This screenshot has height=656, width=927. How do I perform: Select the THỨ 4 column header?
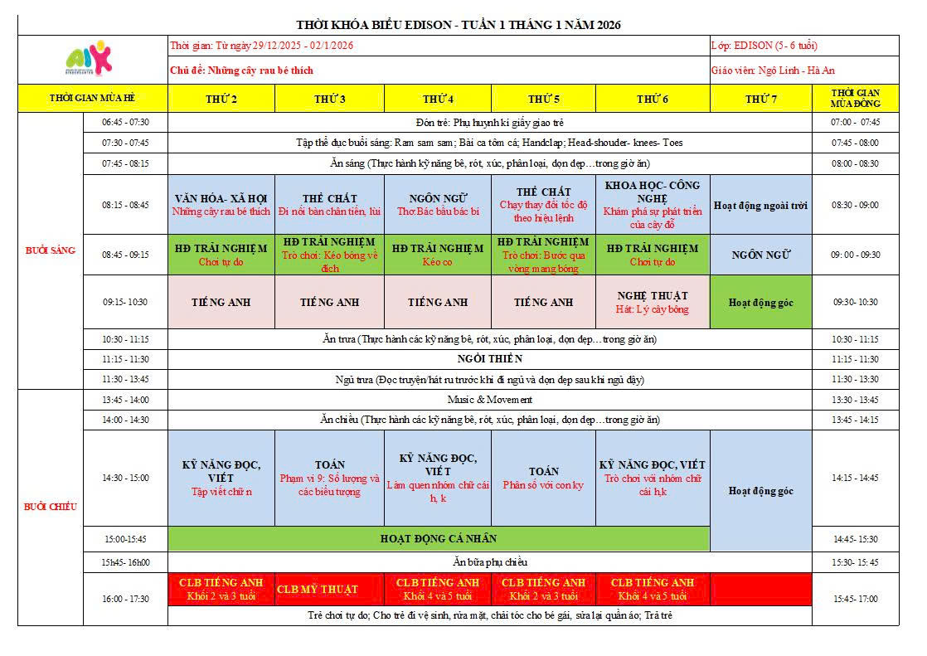pos(437,99)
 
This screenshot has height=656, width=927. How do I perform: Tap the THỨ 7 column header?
pos(760,99)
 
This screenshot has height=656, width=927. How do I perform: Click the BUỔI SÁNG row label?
pos(51,250)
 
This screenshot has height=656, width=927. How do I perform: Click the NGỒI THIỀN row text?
pos(490,359)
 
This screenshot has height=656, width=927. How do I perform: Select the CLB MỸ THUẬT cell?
pos(329,590)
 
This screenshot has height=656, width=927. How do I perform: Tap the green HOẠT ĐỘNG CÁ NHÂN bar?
pos(439,538)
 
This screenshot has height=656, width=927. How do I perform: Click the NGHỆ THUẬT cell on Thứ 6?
pos(653,302)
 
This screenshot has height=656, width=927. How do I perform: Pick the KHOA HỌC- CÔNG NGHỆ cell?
pos(653,204)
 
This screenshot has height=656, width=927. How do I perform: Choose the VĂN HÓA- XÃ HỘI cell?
pos(221,204)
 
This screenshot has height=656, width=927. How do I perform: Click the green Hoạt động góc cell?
pos(760,303)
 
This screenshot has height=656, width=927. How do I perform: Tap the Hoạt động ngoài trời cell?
pos(760,205)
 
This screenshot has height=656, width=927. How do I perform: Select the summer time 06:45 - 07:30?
pos(125,122)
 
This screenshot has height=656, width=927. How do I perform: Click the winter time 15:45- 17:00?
pos(856,598)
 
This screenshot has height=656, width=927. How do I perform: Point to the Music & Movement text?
pos(490,400)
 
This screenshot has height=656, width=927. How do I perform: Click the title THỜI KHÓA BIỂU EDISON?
pos(459,25)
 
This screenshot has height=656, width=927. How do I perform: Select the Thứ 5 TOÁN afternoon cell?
pos(544,478)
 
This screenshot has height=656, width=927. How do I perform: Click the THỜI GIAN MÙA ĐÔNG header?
pos(856,98)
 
